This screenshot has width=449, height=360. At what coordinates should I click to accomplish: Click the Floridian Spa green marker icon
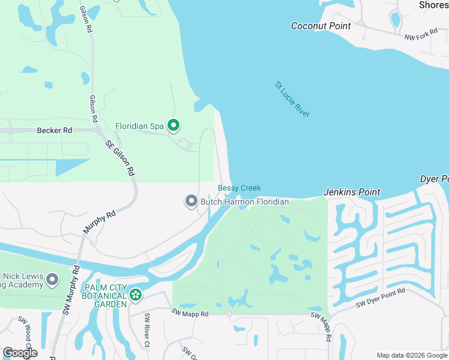coord(173,126)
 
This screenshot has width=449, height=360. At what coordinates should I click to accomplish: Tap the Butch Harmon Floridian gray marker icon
coord(191,202)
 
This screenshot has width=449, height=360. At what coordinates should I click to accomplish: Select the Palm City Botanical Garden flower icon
coord(136,295)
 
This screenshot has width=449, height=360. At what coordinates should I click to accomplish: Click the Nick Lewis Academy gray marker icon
coord(52,279)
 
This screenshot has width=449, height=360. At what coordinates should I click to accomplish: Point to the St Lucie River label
coord(292,99)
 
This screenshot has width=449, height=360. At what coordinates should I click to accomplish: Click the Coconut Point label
coord(321,26)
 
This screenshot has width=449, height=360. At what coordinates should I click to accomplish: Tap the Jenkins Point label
coord(352,192)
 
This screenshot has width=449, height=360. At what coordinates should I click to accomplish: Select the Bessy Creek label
coord(239,188)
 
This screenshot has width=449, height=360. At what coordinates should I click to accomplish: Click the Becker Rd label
coord(54,130)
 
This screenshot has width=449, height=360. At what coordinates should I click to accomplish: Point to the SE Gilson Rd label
coord(119,157)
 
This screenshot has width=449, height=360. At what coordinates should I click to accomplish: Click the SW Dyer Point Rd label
coord(381,298)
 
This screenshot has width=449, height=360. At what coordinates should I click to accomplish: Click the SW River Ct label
coord(146,329)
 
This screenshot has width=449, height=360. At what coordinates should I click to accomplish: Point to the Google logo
coord(20,353)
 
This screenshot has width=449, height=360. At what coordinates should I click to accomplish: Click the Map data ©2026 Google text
coord(412,355)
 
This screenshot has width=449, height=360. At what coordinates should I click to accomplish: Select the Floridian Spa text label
coord(139,126)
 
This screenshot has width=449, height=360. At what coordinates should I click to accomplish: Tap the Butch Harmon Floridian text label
coord(244,202)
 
